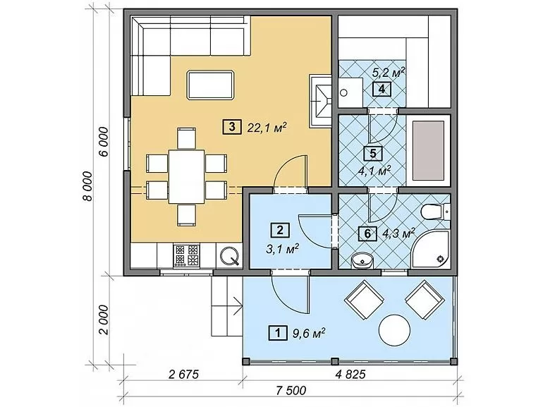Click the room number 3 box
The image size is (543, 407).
tap(232, 127)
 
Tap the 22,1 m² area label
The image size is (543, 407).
tap(267, 128)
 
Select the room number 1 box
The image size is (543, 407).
tap(278, 333)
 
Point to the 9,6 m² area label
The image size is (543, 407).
tap(309, 333)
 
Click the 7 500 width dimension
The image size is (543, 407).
tap(291, 390)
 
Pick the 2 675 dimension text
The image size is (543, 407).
tap(183, 374)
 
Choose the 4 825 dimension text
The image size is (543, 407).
tap(350, 374)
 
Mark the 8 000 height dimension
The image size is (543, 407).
tap(89, 186)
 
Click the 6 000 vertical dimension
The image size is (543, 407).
tap(104, 142)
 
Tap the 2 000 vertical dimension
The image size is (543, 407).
tap(104, 320)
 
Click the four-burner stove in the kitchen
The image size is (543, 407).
tap(187, 255)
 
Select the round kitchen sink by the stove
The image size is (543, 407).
tap(229, 255)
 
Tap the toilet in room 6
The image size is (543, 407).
tap(436, 211)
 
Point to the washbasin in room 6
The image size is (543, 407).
tap(362, 260)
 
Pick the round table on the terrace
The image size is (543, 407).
tap(395, 329)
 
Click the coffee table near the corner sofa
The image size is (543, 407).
tap(210, 85)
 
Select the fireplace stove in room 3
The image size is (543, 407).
tap(321, 101)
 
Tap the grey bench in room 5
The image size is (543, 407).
tap(428, 151)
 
